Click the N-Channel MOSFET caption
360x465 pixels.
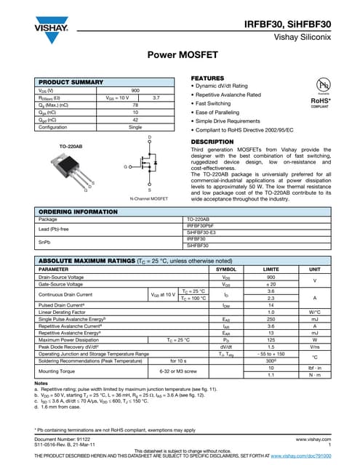click(148, 198)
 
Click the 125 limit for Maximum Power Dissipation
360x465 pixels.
click(271, 339)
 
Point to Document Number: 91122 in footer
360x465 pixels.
click(63, 440)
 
